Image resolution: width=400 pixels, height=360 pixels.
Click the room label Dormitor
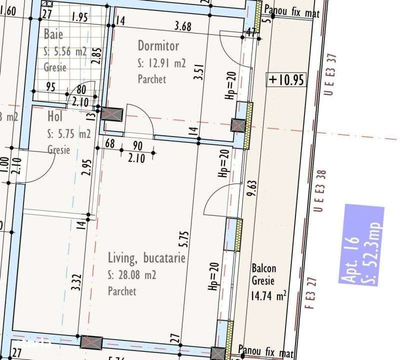pos(158,46)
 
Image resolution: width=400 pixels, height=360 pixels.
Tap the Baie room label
pos(53,34)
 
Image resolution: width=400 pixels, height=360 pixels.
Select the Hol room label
pos(54,116)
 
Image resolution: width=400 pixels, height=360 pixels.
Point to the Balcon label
pos(263,268)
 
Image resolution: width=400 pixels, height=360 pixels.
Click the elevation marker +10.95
pos(286,80)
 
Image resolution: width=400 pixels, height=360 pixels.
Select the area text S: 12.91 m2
pos(161,63)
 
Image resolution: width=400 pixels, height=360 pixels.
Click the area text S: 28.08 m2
pos(132,275)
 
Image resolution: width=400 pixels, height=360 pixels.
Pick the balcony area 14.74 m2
pos(268,295)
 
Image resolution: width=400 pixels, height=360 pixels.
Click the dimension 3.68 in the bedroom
pos(182,26)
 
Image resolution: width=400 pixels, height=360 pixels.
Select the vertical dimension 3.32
pos(75,282)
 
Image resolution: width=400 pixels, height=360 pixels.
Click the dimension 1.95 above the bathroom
pos(79,17)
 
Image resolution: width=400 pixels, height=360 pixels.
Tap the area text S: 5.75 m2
pos(69,133)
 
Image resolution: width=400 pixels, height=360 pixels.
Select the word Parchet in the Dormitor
pos(151,79)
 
